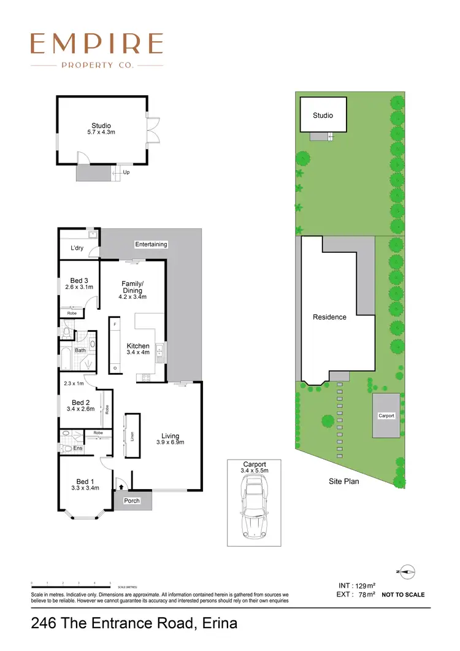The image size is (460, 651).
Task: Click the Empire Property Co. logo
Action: (97, 50)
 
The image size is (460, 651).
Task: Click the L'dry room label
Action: (77, 248)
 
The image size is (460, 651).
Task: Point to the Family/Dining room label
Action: (132, 290)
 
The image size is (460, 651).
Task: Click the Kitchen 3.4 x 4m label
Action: (138, 349)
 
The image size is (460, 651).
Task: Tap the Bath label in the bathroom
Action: (80, 350)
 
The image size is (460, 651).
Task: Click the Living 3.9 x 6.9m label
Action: (170, 439)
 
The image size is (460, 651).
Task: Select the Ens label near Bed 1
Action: (79, 449)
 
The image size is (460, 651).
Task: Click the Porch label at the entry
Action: (132, 501)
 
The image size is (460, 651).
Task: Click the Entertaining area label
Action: (151, 244)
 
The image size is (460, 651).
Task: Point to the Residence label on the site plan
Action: (330, 317)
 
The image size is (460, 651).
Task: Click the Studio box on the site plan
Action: (323, 115)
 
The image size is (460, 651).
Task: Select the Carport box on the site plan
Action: (386, 415)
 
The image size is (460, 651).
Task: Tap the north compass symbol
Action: (407, 572)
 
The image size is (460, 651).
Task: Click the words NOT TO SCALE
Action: (403, 595)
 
